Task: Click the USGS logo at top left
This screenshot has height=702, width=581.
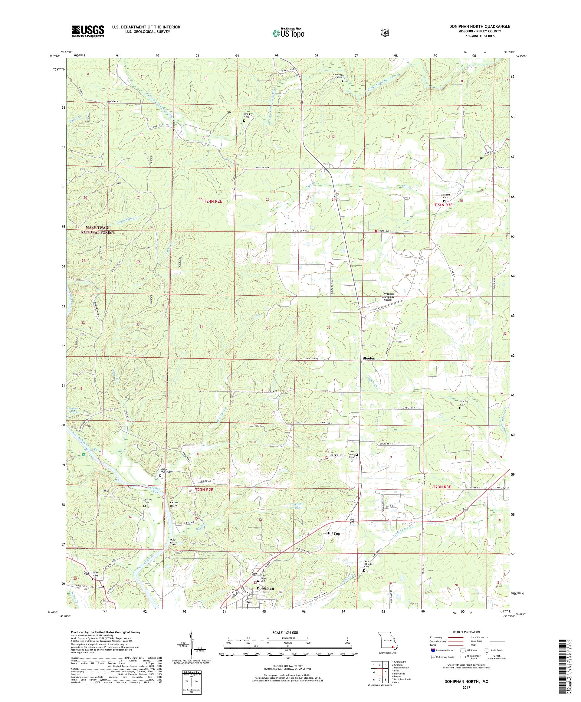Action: click(87, 31)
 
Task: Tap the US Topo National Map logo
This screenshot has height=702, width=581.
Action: click(288, 33)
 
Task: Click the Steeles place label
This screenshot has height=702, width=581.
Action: click(368, 358)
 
